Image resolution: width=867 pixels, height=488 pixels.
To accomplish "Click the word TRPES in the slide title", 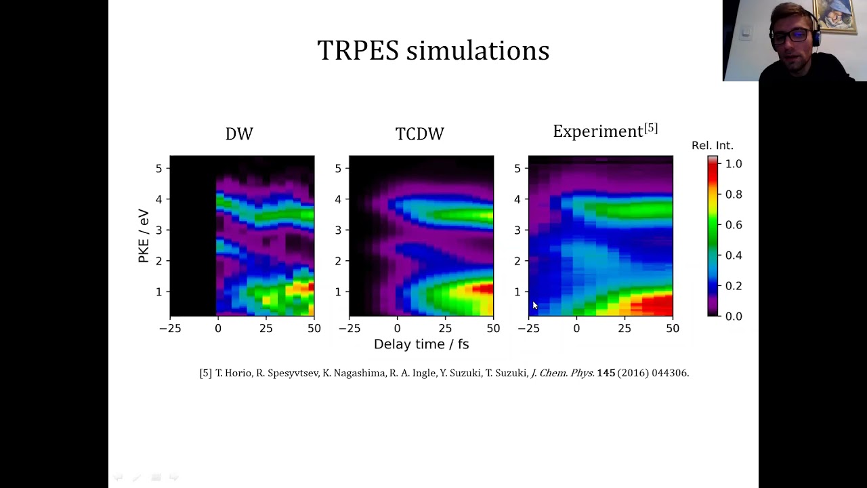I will coord(358,51).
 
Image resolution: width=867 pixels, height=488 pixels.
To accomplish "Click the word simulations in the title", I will coord(478,51).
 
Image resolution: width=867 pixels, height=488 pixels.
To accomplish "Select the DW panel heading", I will coord(239,134).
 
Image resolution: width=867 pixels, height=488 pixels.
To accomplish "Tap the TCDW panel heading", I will coord(420,134).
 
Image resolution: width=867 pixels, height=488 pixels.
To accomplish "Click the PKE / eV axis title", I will coord(143,235).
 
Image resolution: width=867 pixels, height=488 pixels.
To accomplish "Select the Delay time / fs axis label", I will coord(421,344).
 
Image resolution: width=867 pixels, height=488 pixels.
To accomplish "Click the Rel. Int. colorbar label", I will coord(713,146).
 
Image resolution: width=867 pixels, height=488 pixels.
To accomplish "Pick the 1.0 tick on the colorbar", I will coord(734,164).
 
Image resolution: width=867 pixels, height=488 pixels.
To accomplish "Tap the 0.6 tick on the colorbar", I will coord(734,225).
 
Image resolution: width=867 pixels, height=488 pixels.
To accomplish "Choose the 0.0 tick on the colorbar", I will coord(734,317).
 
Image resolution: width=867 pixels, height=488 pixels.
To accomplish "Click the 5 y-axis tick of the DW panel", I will coord(158,168).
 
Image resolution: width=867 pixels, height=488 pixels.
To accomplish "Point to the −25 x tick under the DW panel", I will coord(170,329).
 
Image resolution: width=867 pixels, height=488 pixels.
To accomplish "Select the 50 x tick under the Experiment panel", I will coord(672,329).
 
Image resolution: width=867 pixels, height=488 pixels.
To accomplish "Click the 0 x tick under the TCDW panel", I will coord(397,329).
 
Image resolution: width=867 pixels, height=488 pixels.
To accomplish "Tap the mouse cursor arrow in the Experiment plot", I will coord(534,306).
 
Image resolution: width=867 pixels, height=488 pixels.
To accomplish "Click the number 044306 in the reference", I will coord(669,373).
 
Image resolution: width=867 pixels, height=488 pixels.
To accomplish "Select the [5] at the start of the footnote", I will coord(206,373).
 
